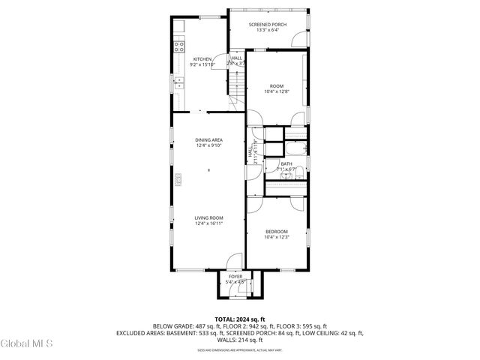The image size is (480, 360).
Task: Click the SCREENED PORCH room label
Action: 268,25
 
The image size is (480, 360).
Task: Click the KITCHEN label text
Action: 202,59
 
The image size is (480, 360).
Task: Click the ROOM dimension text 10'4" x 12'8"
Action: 277,91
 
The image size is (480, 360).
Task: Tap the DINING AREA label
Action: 209,140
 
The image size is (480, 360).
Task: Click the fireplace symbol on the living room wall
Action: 178,178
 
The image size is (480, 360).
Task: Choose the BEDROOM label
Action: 276,232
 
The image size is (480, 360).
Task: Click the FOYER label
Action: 236,277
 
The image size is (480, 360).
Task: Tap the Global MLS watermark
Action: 27,343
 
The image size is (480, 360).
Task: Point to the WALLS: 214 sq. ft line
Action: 239,339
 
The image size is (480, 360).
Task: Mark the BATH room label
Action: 286,163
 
